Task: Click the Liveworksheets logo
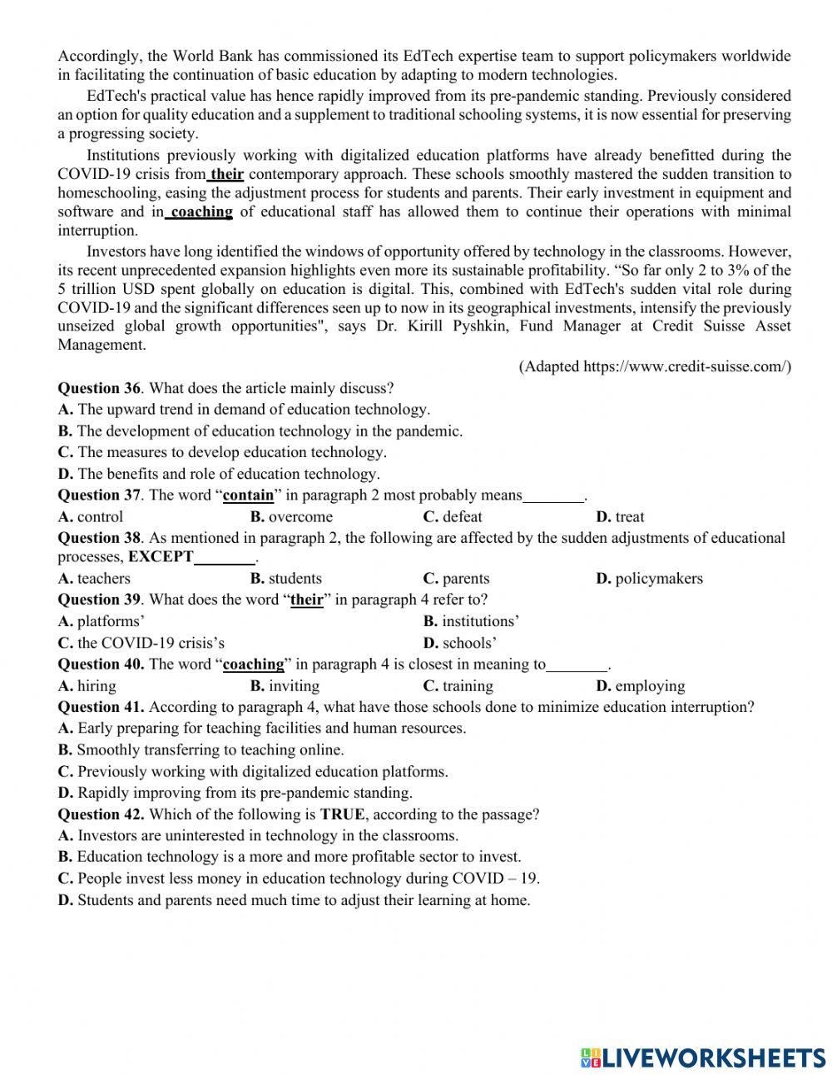703,1057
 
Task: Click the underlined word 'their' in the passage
226,174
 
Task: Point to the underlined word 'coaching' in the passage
201,212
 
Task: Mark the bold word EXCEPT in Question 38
161,557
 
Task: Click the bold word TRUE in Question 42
342,814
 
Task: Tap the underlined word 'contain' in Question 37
249,495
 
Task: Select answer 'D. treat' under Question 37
620,517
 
